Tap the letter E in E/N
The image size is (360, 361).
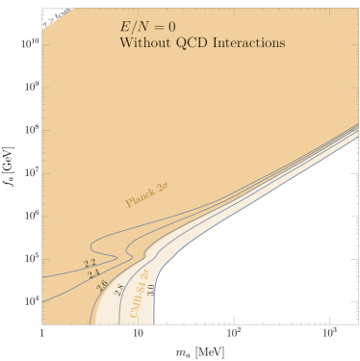click(124, 27)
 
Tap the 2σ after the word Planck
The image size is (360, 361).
click(163, 187)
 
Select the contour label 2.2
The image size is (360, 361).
click(90, 263)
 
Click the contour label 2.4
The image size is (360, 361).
click(93, 274)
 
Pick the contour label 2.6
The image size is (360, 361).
click(102, 285)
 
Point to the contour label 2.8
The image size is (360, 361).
click(119, 289)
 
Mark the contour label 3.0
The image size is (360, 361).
click(150, 289)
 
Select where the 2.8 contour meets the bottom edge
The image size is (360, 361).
click(119, 323)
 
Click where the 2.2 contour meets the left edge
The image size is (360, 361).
click(43, 277)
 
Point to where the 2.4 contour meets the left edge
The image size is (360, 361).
click(43, 301)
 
